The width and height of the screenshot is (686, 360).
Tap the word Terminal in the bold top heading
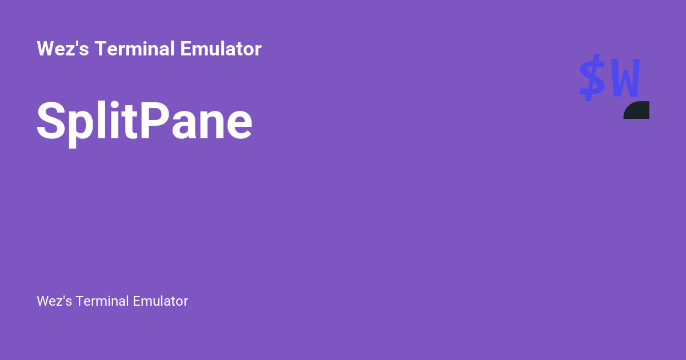click(135, 49)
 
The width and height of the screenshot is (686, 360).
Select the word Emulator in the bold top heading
click(221, 49)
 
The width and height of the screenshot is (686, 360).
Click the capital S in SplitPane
click(50, 121)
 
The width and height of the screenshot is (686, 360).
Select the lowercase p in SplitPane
click(78, 127)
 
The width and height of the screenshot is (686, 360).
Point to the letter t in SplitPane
click(129, 122)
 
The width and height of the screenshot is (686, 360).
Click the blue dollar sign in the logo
click(592, 78)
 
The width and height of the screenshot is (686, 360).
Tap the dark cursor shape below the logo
click(637, 111)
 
